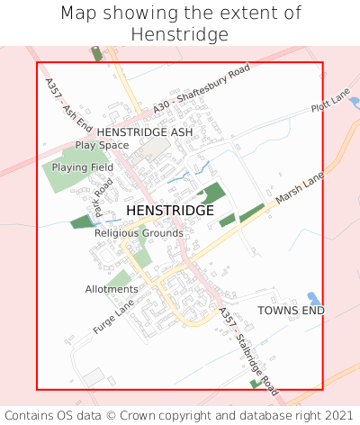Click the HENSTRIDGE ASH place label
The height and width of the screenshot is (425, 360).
(x=145, y=131)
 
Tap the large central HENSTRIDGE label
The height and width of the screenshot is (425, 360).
(x=170, y=211)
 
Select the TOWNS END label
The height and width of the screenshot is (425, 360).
(x=291, y=311)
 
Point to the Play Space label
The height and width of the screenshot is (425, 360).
(x=102, y=145)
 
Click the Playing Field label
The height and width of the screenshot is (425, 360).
(x=82, y=167)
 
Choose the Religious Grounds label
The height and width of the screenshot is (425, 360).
(x=139, y=233)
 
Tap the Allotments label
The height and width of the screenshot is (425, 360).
(x=112, y=289)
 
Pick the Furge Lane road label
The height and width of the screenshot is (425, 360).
(x=112, y=318)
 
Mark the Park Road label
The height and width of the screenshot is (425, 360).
(x=102, y=195)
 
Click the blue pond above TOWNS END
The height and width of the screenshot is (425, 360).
(x=313, y=298)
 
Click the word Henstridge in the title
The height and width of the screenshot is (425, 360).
(x=179, y=34)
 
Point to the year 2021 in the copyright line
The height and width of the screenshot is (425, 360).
(x=338, y=415)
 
